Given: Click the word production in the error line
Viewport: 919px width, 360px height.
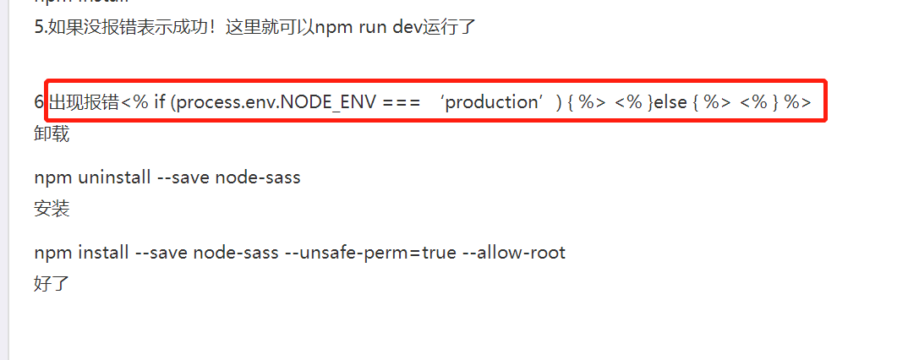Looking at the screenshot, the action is [x=492, y=102].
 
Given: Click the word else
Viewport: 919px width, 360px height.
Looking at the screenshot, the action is [x=670, y=102].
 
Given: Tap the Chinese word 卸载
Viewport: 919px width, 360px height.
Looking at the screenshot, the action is [x=52, y=134].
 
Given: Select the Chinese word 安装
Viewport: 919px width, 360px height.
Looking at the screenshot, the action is [x=52, y=209].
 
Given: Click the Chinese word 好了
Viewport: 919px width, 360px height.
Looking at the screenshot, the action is [x=52, y=284].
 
